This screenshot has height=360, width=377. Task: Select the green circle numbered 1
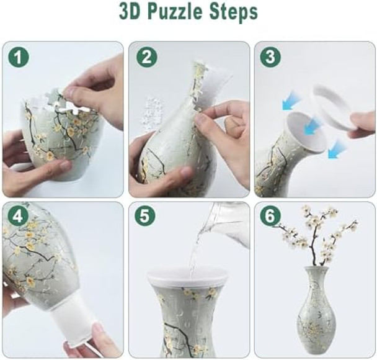(x=19, y=58)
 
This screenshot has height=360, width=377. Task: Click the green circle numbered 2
(x=146, y=58)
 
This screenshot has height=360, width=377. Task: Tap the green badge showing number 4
(x=19, y=218)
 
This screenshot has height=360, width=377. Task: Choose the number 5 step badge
(x=146, y=218)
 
